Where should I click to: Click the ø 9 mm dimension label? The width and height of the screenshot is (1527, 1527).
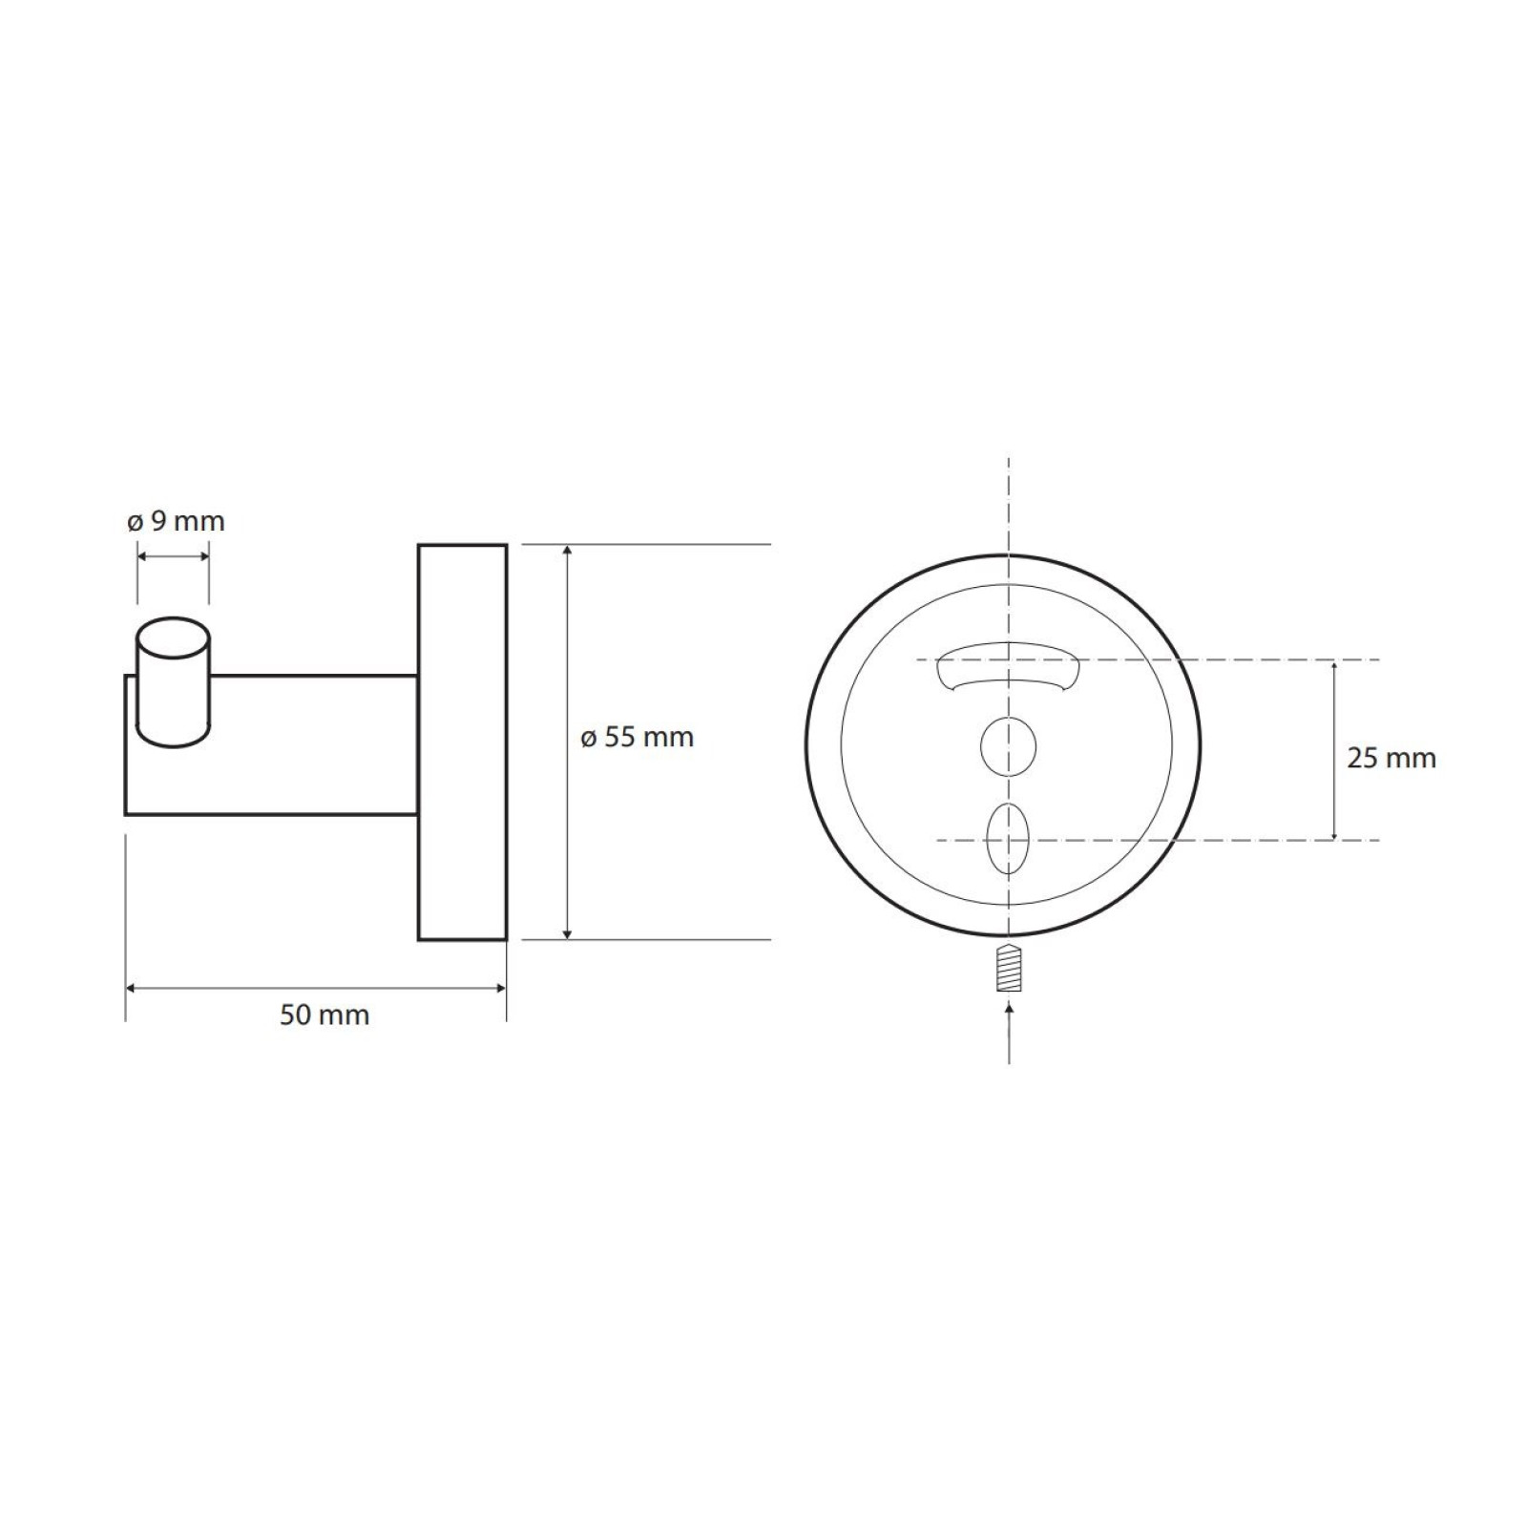click(x=177, y=521)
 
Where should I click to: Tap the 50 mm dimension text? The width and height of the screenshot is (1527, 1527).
click(x=324, y=1015)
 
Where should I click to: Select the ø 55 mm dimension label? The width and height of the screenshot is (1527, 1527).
click(x=638, y=737)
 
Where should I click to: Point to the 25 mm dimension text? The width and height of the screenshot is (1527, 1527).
click(x=1391, y=758)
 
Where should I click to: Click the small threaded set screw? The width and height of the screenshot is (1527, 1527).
click(x=1010, y=968)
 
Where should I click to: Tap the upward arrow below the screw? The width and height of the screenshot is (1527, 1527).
click(x=1010, y=1030)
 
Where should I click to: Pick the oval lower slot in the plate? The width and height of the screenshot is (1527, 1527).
click(x=1009, y=839)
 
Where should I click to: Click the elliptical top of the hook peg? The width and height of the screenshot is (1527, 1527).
click(x=173, y=638)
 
